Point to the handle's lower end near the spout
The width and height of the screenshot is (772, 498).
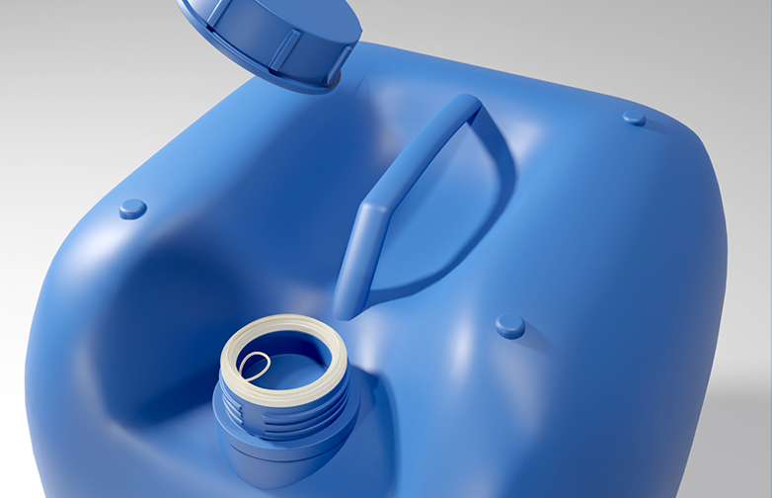347,301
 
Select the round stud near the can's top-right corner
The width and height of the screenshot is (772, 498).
634,118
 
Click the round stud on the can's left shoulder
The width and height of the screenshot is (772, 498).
132,208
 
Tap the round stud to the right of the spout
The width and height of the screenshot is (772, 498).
509,325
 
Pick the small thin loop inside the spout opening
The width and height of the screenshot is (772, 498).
254,365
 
